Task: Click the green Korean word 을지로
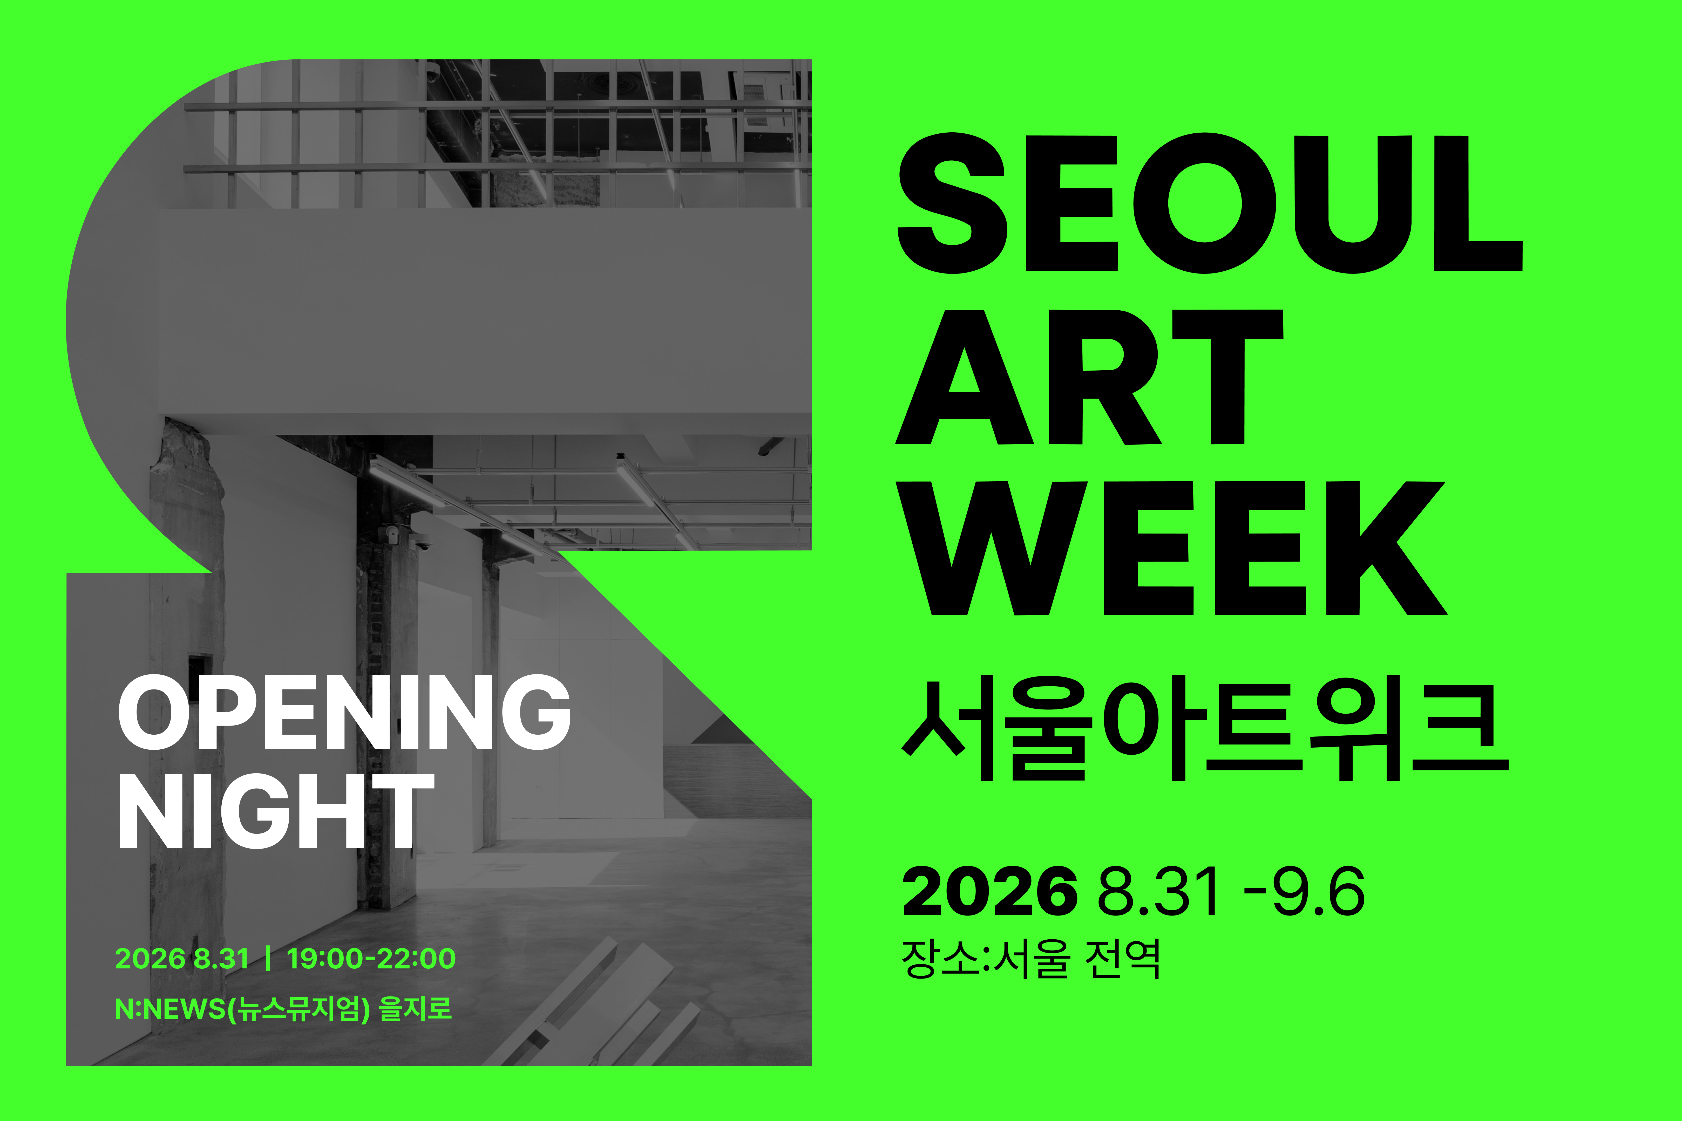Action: (416, 1009)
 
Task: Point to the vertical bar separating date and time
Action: (267, 958)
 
